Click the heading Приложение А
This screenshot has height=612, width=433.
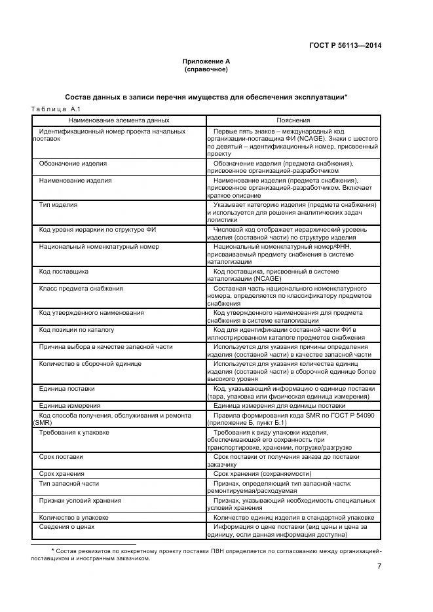[x=206, y=61]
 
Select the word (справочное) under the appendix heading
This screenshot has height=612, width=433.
[x=206, y=69]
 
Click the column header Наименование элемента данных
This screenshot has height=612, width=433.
[x=118, y=120]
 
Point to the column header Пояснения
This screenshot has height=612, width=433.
[x=293, y=120]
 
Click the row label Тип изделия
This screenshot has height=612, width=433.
[x=58, y=205]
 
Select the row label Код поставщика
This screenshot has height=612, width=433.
[x=64, y=271]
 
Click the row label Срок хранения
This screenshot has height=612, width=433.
[x=62, y=473]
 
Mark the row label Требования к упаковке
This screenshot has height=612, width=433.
[x=74, y=433]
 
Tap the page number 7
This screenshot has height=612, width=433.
[x=379, y=567]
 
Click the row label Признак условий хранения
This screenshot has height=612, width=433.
[x=80, y=500]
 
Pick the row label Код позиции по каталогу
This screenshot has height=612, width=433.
[x=77, y=329]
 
